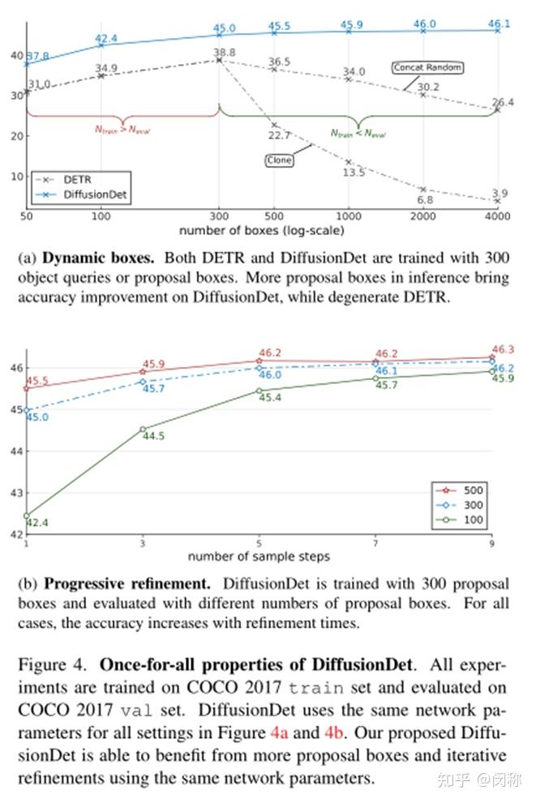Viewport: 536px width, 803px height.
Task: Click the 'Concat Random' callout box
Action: (427, 68)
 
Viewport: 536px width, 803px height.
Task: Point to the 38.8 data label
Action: (225, 53)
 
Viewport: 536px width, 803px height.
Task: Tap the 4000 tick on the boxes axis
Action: (498, 216)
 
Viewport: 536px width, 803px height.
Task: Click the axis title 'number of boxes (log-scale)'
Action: (262, 230)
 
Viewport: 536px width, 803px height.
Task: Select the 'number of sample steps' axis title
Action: (259, 557)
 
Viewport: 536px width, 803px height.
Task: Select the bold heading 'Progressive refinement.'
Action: (130, 583)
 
